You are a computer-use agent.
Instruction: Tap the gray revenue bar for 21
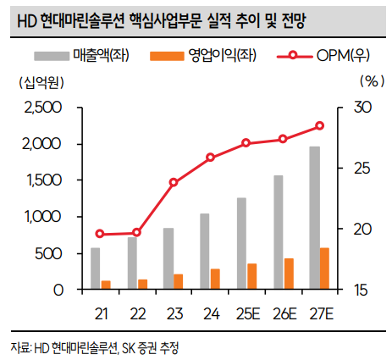click(x=95, y=269)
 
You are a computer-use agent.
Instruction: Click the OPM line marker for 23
click(x=174, y=182)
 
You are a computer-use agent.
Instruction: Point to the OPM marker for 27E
click(x=320, y=126)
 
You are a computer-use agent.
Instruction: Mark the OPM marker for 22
click(x=137, y=232)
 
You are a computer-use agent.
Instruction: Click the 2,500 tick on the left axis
click(x=44, y=108)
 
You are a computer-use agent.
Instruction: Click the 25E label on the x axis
click(x=246, y=314)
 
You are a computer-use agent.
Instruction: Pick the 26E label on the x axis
click(x=284, y=314)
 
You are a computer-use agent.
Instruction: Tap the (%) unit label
click(x=371, y=82)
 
